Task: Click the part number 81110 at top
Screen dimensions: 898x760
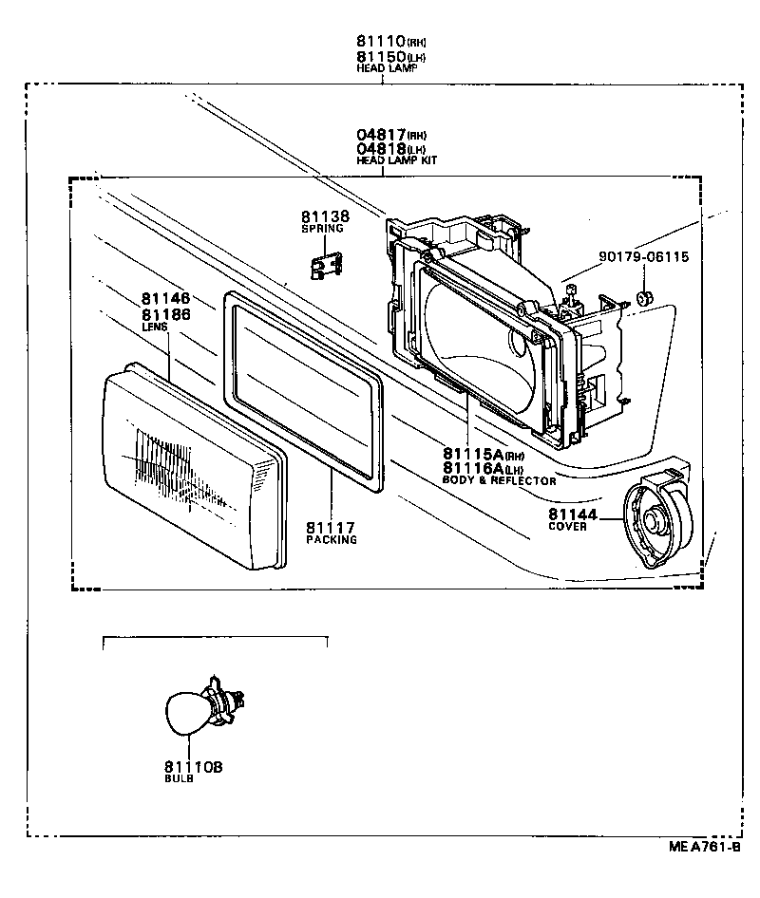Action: pyautogui.click(x=381, y=42)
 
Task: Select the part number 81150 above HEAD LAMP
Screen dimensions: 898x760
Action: pyautogui.click(x=381, y=56)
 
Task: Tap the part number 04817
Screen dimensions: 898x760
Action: pyautogui.click(x=381, y=136)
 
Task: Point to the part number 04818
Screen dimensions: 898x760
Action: pyautogui.click(x=381, y=149)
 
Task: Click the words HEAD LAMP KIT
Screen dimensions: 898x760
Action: pyautogui.click(x=396, y=161)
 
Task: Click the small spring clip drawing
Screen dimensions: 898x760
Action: pyautogui.click(x=326, y=265)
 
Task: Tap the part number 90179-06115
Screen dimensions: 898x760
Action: pyautogui.click(x=643, y=256)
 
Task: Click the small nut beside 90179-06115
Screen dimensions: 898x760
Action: pyautogui.click(x=645, y=299)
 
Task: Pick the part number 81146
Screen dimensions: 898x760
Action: pyautogui.click(x=166, y=299)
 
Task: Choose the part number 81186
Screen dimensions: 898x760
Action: pyautogui.click(x=166, y=314)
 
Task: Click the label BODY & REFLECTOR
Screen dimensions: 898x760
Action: pyautogui.click(x=499, y=480)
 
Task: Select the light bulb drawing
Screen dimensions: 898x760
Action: pyautogui.click(x=201, y=707)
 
